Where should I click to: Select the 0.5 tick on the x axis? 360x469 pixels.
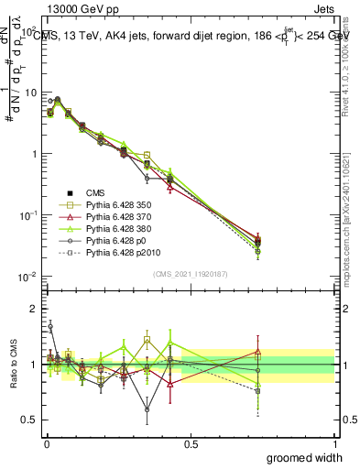(190, 443)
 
